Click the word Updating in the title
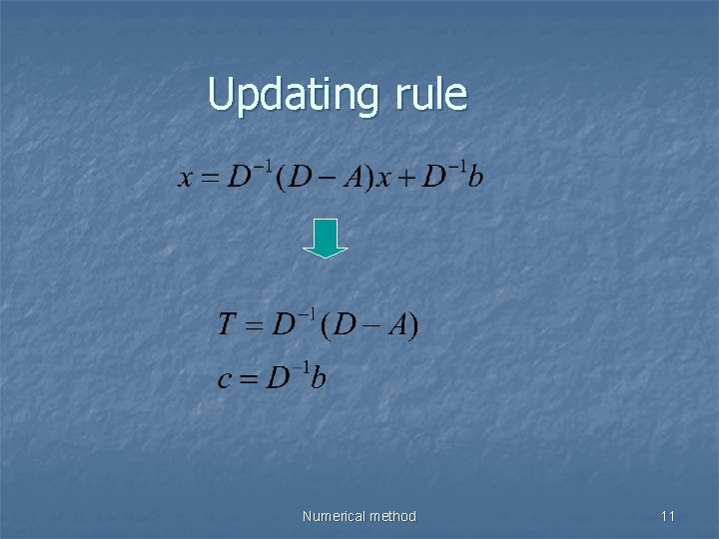click(291, 96)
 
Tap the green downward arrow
click(326, 239)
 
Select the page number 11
click(668, 516)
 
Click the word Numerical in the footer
click(335, 516)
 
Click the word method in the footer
click(392, 516)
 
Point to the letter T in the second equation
click(227, 325)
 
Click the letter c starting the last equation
click(225, 379)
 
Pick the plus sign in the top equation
click(405, 179)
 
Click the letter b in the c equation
click(318, 378)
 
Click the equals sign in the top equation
click(209, 179)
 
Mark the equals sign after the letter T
click(254, 326)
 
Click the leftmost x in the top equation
click(185, 179)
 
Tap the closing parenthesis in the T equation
click(414, 325)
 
